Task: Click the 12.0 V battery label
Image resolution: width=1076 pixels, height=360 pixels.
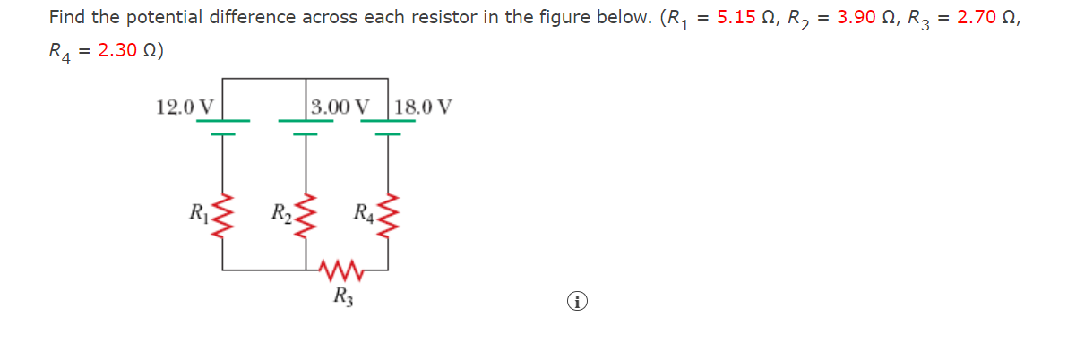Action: [185, 107]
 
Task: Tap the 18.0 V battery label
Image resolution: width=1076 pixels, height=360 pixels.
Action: [423, 107]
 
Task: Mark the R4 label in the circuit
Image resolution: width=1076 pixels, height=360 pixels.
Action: [364, 213]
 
